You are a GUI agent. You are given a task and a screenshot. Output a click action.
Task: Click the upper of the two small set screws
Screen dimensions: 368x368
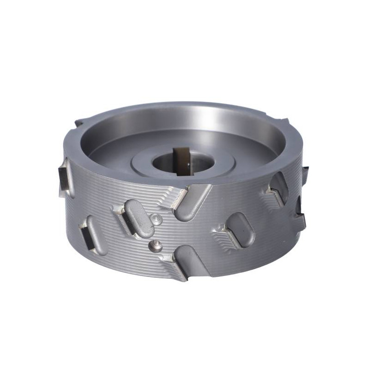coord(157,218)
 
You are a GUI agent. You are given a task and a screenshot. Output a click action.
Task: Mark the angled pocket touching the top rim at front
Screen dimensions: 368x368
coord(192,202)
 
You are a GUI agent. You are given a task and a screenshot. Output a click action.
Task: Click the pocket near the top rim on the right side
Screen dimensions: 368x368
coord(279,186)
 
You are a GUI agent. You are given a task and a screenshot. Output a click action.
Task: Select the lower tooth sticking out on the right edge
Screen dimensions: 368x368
coord(302,212)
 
